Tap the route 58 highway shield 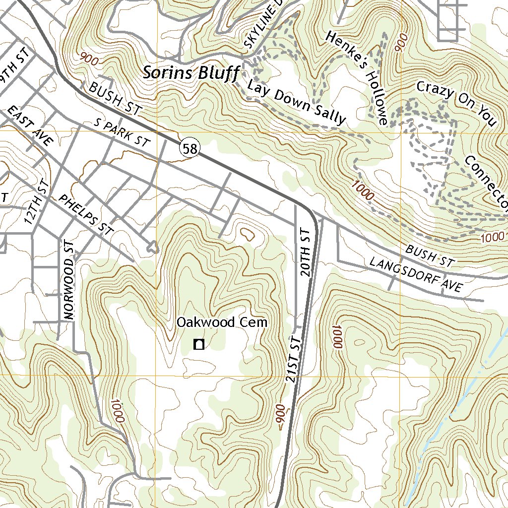190,148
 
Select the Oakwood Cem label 222,322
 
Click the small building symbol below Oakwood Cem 199,344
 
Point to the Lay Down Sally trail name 296,102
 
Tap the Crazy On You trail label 456,104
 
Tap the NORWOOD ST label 68,280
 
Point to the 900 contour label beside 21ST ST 281,416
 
